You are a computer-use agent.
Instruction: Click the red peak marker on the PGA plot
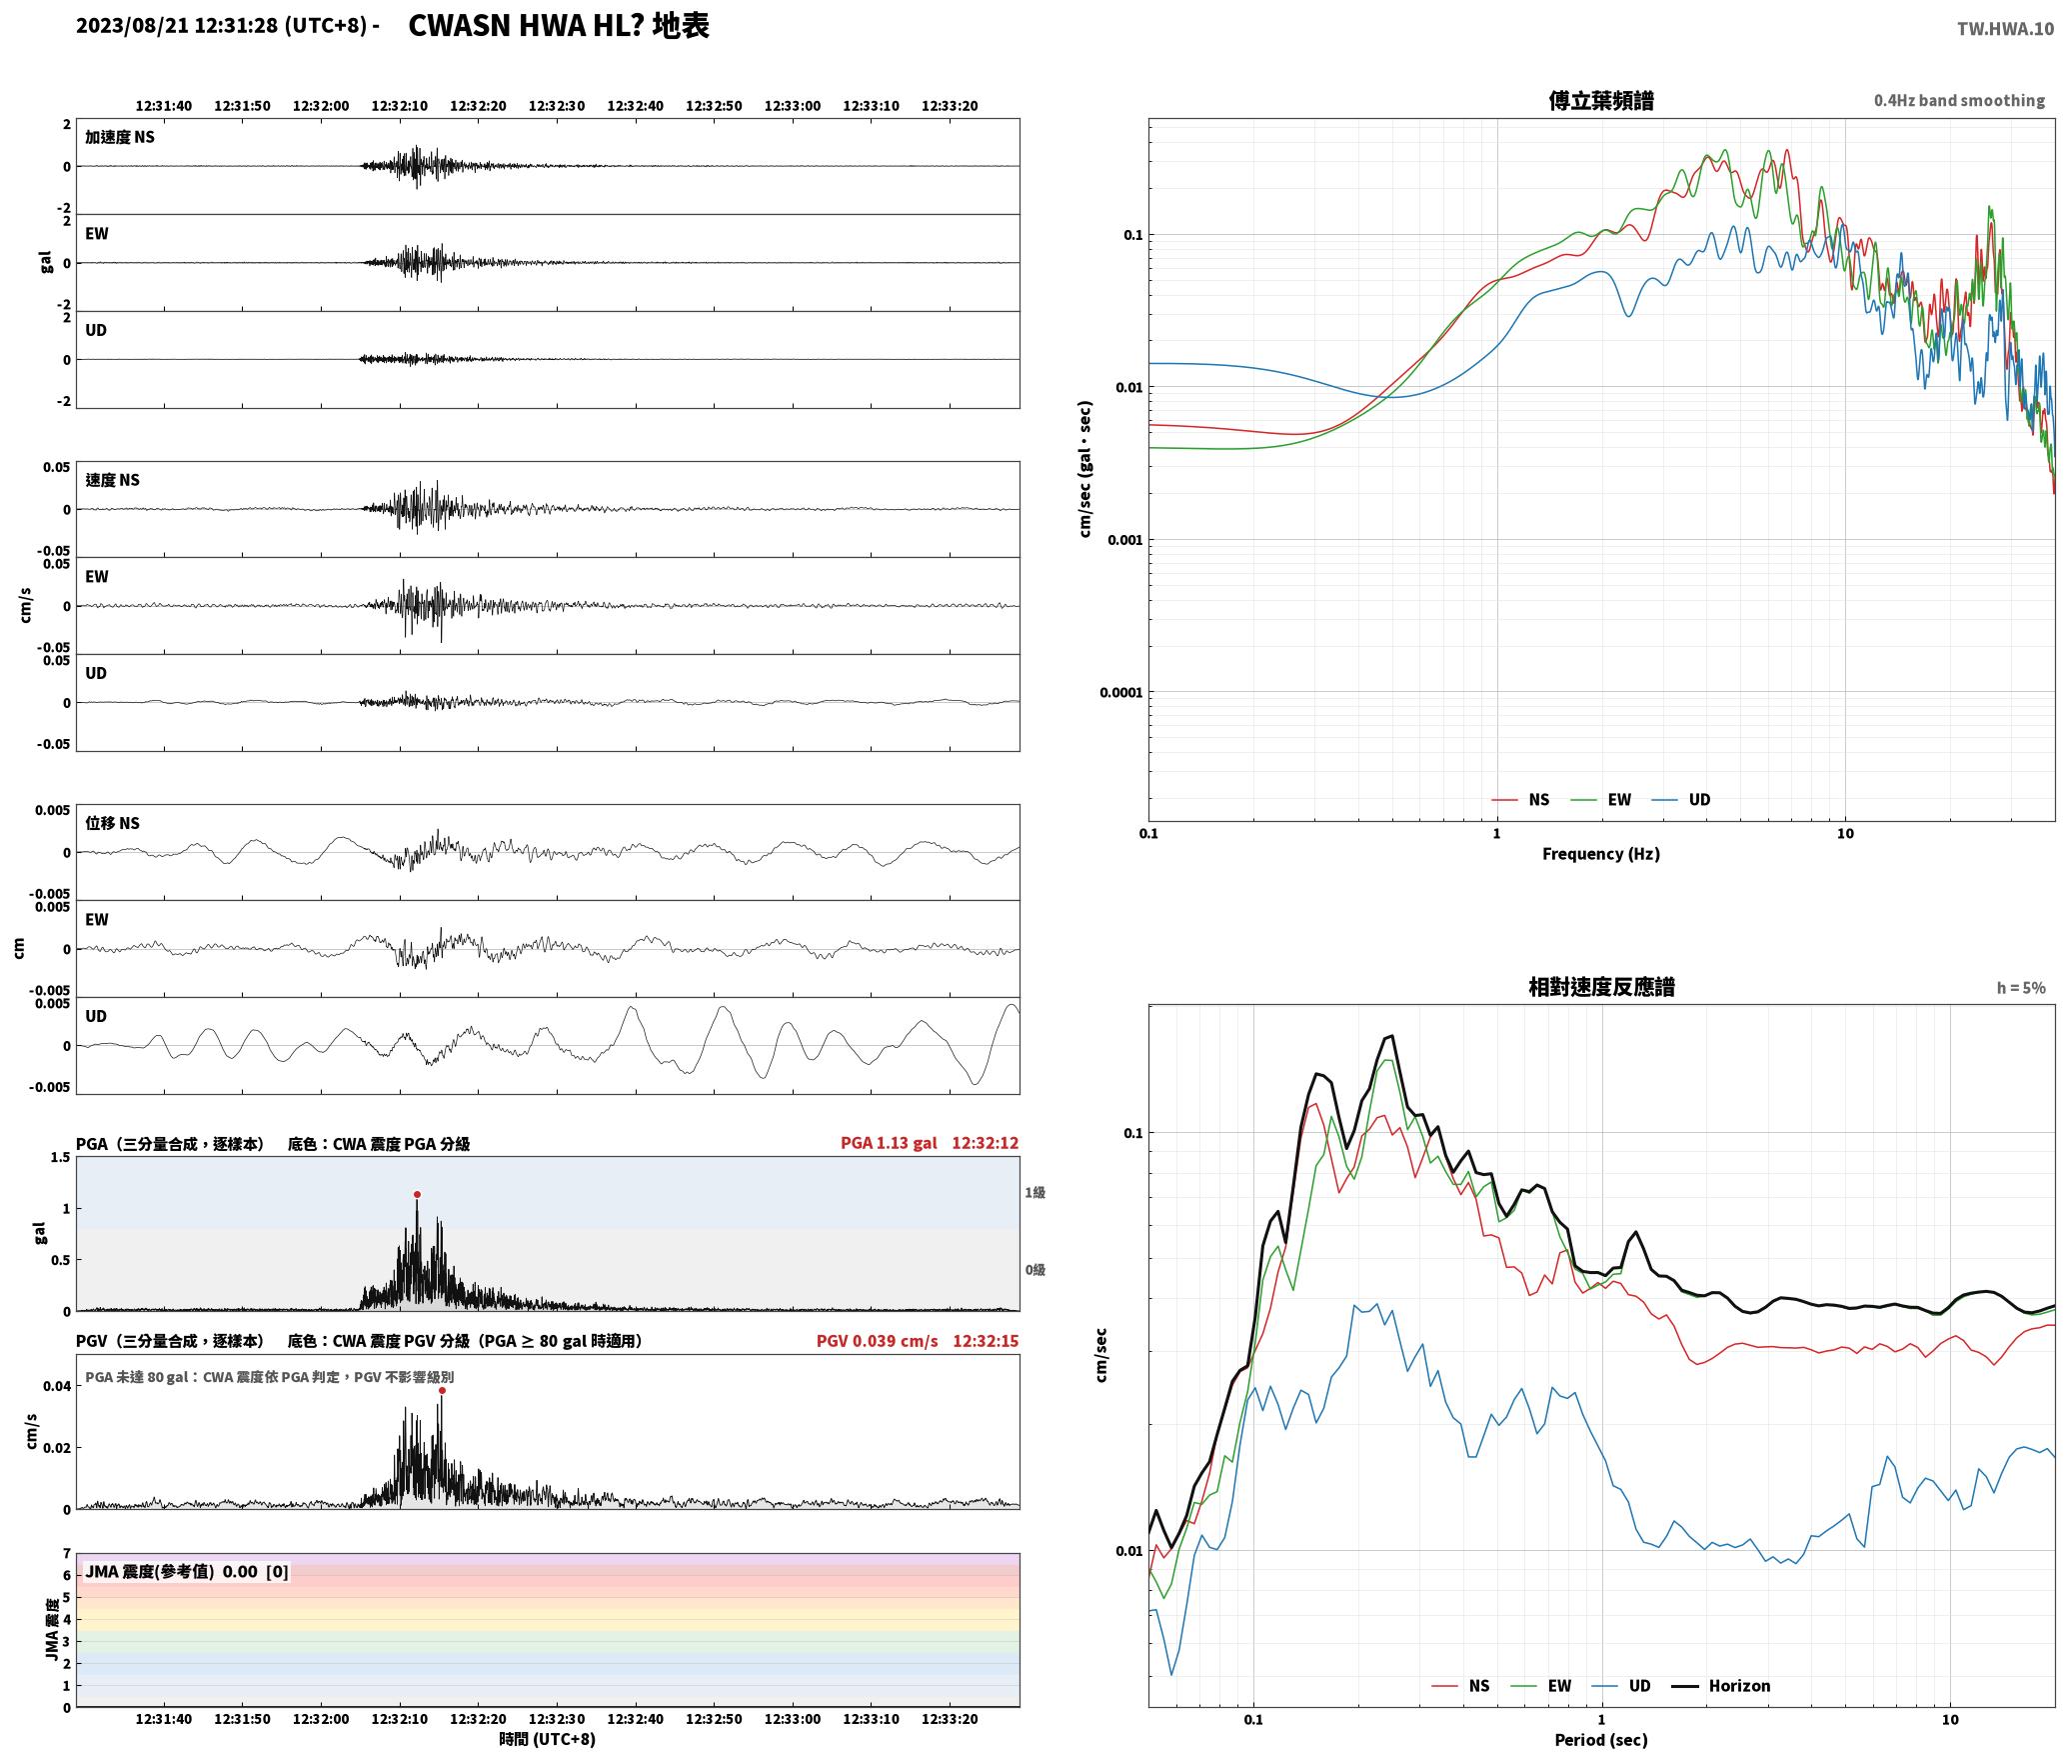pos(417,1194)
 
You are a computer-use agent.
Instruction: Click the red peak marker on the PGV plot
pos(442,1390)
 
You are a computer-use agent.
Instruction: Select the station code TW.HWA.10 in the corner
pos(2005,29)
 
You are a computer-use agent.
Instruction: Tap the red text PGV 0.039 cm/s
pos(877,1341)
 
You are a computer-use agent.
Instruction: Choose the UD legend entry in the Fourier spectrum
pos(1681,799)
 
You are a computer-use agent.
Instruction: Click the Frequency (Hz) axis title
pos(1600,854)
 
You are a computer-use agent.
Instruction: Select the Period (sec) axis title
pos(1600,1740)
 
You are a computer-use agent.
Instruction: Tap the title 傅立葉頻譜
pos(1601,101)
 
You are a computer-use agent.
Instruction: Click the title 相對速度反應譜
pos(1601,987)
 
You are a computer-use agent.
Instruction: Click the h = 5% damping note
pos(2021,988)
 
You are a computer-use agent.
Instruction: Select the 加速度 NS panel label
pos(120,137)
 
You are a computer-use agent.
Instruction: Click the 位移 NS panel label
pos(112,823)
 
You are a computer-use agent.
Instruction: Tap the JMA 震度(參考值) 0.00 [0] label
pos(187,1572)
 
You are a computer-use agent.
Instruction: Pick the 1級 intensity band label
pos(1034,1192)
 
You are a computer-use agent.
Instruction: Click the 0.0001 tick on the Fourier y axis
pos(1120,692)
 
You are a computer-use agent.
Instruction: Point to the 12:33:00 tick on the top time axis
pos(793,106)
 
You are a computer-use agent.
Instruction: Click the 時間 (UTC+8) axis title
pos(548,1739)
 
